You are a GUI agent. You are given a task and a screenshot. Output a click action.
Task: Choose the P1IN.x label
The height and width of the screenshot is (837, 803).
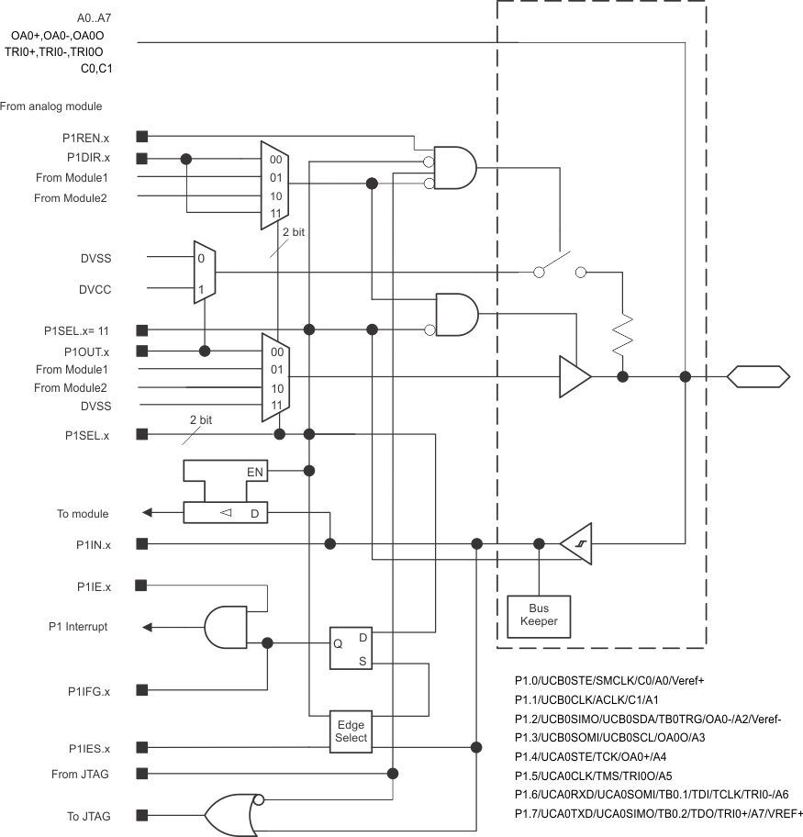coord(94,545)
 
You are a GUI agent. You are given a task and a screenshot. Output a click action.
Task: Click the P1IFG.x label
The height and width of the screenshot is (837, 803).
coord(89,690)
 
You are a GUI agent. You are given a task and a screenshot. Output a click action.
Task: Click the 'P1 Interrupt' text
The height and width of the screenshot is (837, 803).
coord(78,627)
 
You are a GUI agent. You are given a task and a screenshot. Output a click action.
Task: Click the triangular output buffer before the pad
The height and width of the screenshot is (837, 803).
coord(574,376)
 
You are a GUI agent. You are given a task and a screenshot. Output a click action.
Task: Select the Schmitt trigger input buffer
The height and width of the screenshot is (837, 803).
coord(577,544)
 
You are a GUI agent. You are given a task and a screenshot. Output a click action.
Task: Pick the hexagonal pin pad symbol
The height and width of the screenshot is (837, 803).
coord(758,376)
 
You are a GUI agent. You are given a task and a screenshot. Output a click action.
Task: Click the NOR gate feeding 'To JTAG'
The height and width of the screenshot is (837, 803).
coord(235,814)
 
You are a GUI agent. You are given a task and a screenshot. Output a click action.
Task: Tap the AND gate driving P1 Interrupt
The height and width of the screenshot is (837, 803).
coord(226,628)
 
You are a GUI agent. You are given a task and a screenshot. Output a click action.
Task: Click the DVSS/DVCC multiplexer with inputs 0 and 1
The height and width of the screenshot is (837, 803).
coord(204,273)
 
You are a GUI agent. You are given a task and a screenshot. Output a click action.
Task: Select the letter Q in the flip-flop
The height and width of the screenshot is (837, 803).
coord(338,643)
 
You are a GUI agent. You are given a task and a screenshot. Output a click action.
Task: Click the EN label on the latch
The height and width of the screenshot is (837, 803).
coord(255,472)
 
